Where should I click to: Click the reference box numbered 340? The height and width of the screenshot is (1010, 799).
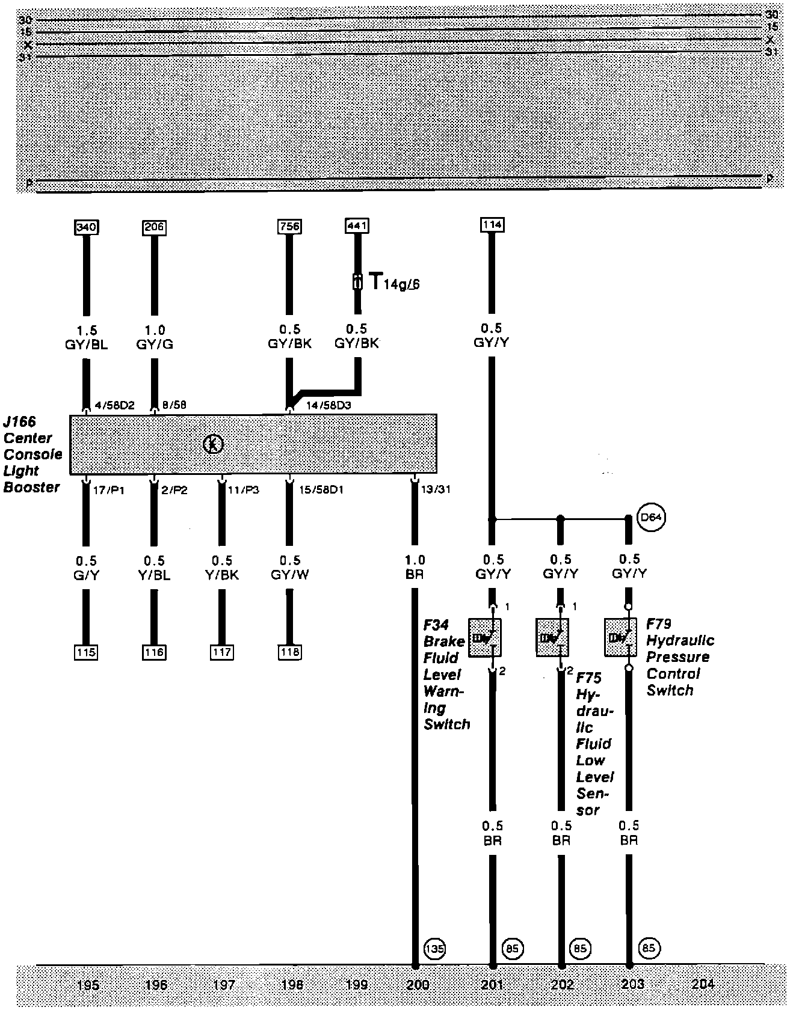pos(86,227)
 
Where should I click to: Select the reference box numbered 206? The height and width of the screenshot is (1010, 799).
pos(154,227)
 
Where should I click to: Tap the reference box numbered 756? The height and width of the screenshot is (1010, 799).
pos(289,227)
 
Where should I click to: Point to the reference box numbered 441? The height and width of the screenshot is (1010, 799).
pos(357,226)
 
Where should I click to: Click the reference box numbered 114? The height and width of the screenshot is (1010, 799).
pos(492,225)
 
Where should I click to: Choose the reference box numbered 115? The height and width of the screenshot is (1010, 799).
pos(86,652)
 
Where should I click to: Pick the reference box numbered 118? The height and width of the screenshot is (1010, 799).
pos(289,652)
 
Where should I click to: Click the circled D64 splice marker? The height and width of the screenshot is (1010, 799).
pos(652,518)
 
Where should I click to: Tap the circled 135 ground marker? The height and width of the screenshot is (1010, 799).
pos(434,949)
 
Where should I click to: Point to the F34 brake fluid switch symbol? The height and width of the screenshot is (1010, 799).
pos(485,637)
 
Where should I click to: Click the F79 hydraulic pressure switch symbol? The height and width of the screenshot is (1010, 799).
pos(620,637)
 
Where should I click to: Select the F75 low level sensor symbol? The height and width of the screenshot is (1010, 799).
pos(552,637)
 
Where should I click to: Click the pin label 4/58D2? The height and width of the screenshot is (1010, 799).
pos(114,405)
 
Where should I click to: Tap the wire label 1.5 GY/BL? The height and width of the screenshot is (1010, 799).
pos(87,337)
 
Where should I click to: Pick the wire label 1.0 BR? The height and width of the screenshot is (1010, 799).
pos(415,567)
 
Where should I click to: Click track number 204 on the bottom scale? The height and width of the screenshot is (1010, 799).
pos(703,984)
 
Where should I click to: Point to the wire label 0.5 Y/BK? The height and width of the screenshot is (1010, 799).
pos(222,568)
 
